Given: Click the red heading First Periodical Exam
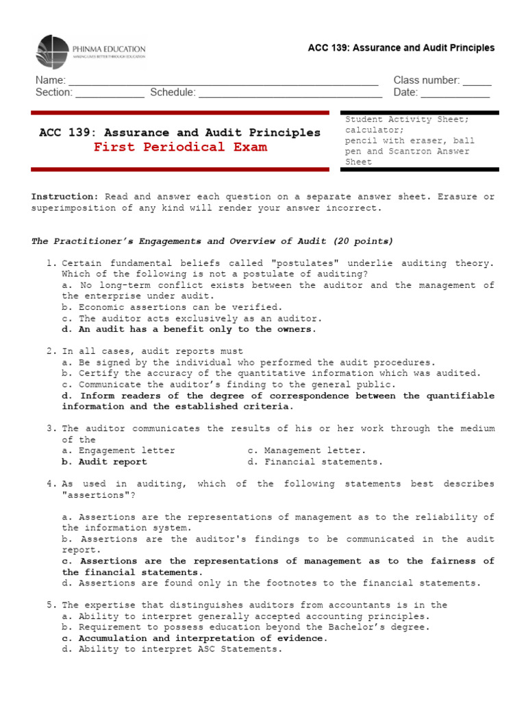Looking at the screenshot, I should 180,147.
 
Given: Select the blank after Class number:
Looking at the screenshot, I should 477,80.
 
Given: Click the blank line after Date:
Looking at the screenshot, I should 455,93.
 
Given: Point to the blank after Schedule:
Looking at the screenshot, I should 290,93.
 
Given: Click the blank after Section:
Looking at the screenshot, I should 110,93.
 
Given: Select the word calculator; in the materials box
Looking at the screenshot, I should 375,130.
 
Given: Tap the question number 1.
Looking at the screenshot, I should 51,263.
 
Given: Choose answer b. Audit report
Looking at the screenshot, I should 104,462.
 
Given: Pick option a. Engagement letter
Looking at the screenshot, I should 118,451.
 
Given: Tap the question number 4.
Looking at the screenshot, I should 51,484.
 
